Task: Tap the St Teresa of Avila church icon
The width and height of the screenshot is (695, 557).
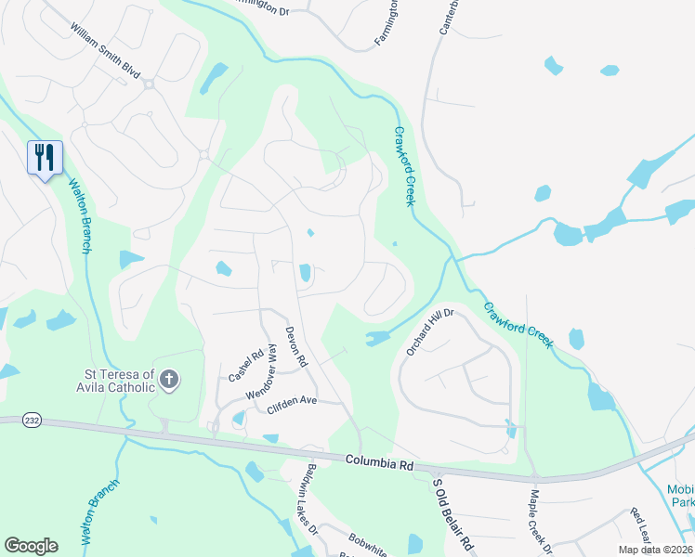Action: (168, 379)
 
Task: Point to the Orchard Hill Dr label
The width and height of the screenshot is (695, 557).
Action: (428, 332)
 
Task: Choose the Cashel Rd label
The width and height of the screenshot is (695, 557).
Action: (245, 366)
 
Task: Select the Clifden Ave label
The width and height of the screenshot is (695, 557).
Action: (292, 401)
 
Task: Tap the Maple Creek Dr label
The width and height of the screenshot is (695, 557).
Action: (535, 522)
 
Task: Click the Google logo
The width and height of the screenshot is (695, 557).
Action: (31, 546)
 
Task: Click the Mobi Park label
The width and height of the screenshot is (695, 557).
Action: (681, 496)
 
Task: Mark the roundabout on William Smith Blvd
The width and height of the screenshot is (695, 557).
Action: (149, 84)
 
